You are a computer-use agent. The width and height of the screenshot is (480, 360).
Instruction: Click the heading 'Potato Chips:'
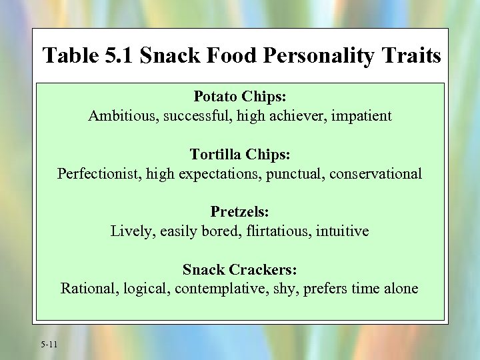pyautogui.click(x=240, y=97)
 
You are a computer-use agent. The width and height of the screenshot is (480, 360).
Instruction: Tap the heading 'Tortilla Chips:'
pyautogui.click(x=240, y=155)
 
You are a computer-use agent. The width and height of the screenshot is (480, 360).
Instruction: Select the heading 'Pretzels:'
pyautogui.click(x=240, y=212)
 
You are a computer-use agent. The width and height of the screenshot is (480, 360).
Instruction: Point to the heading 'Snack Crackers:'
pyautogui.click(x=240, y=270)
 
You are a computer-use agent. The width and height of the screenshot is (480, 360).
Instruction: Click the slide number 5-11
pyautogui.click(x=49, y=344)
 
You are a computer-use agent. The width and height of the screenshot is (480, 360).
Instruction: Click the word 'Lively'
pyautogui.click(x=129, y=231)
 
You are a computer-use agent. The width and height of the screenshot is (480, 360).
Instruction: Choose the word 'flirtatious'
pyautogui.click(x=281, y=231)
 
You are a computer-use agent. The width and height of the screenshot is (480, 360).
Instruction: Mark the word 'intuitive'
pyautogui.click(x=344, y=231)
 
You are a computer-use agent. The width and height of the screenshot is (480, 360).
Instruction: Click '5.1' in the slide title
pyautogui.click(x=119, y=55)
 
